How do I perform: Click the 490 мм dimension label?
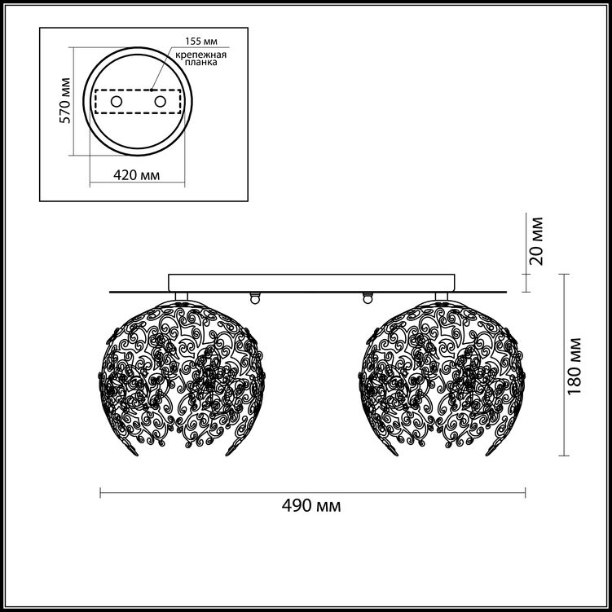(311, 506)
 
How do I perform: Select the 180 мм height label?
(575, 365)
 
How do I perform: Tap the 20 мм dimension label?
(537, 241)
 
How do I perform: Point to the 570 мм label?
(65, 101)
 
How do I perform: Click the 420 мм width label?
(137, 175)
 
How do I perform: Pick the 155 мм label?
(201, 41)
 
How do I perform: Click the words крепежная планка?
(201, 58)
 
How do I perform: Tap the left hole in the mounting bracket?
(117, 102)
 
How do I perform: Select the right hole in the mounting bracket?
(160, 102)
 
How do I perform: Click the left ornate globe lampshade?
(181, 378)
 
